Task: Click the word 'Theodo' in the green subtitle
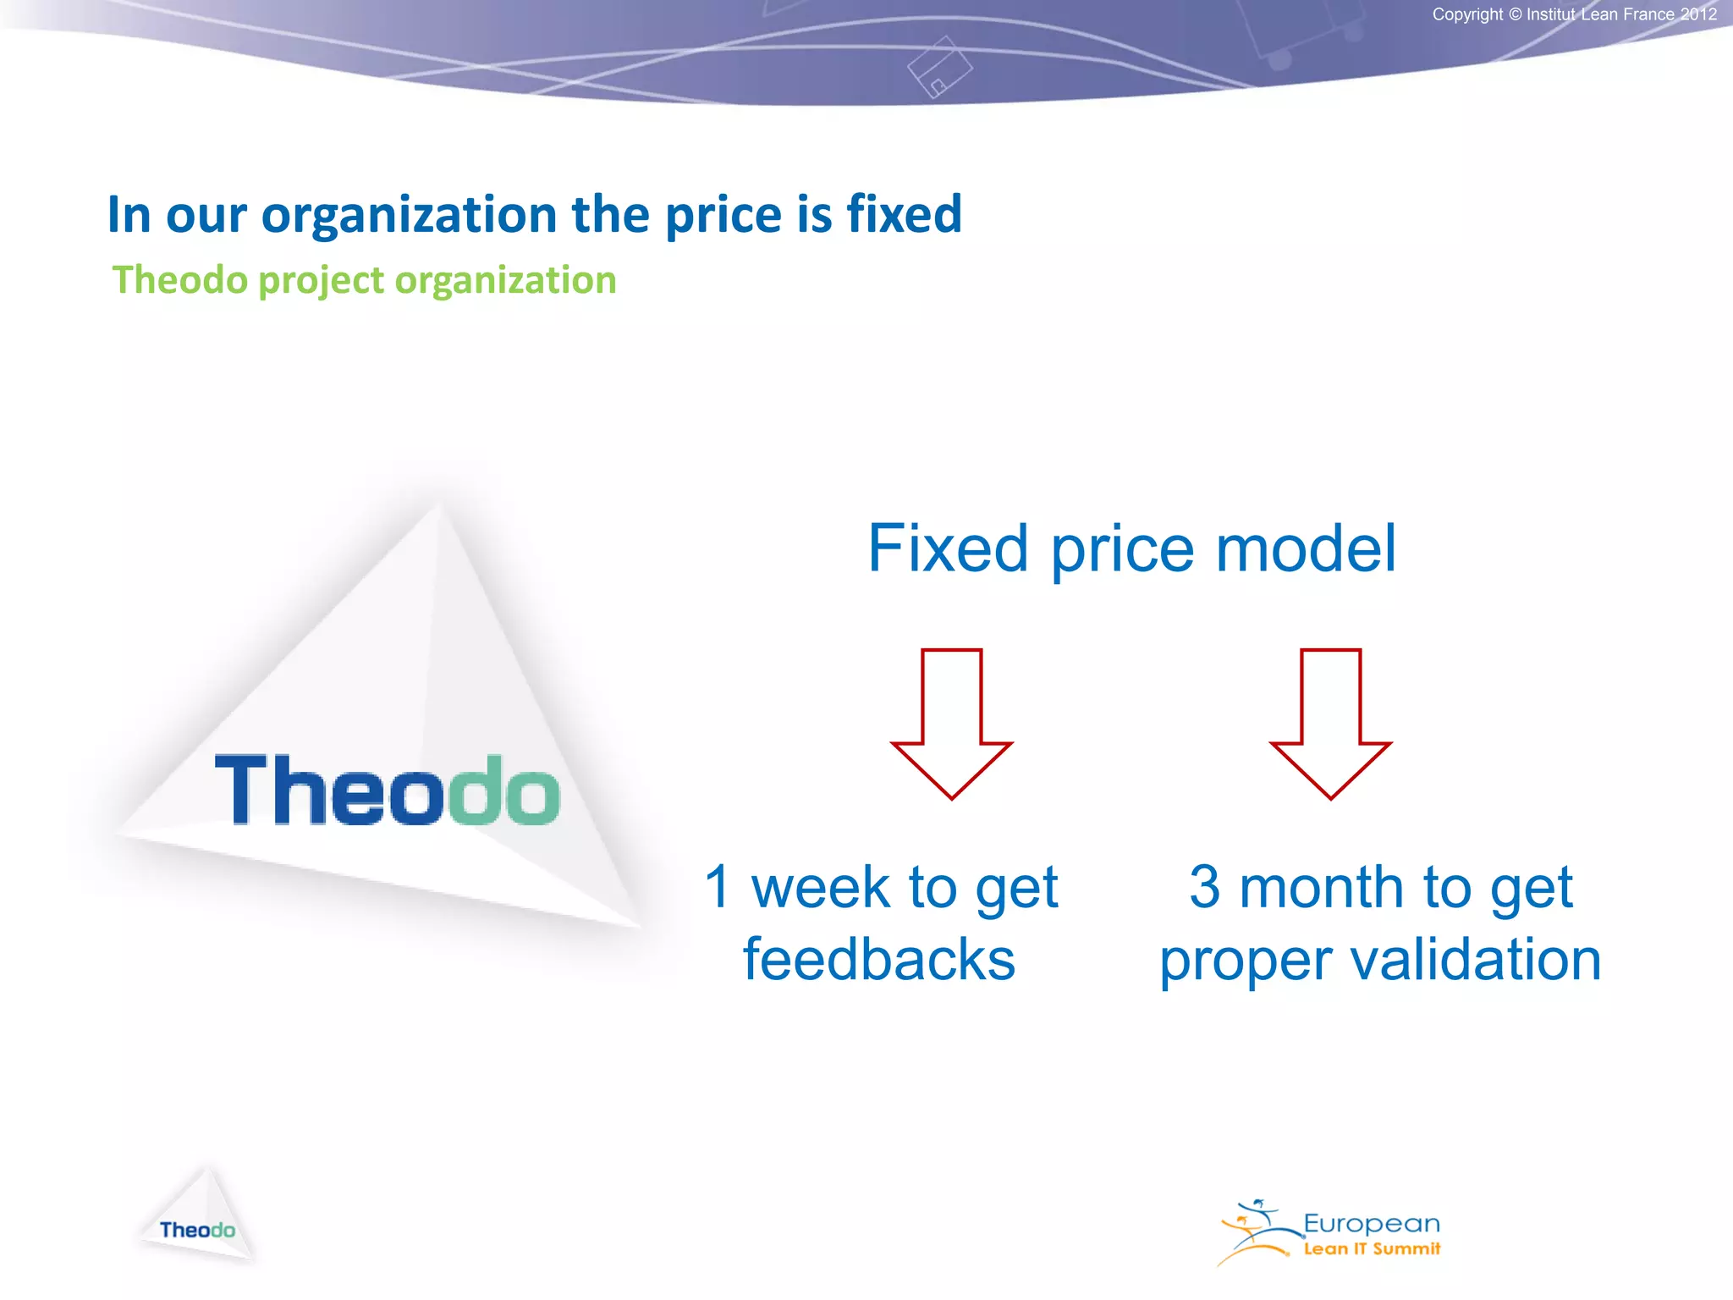tap(179, 280)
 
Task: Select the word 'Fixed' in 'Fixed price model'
tap(949, 548)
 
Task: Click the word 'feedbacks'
tap(879, 960)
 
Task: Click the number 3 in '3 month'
tap(1204, 887)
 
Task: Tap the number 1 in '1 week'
tap(718, 887)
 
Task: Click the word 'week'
tap(821, 887)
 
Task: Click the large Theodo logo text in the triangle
tap(388, 790)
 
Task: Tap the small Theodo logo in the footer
tap(197, 1229)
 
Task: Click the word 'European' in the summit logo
tap(1371, 1224)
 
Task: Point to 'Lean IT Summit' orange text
tap(1371, 1249)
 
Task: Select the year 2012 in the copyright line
tap(1698, 14)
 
